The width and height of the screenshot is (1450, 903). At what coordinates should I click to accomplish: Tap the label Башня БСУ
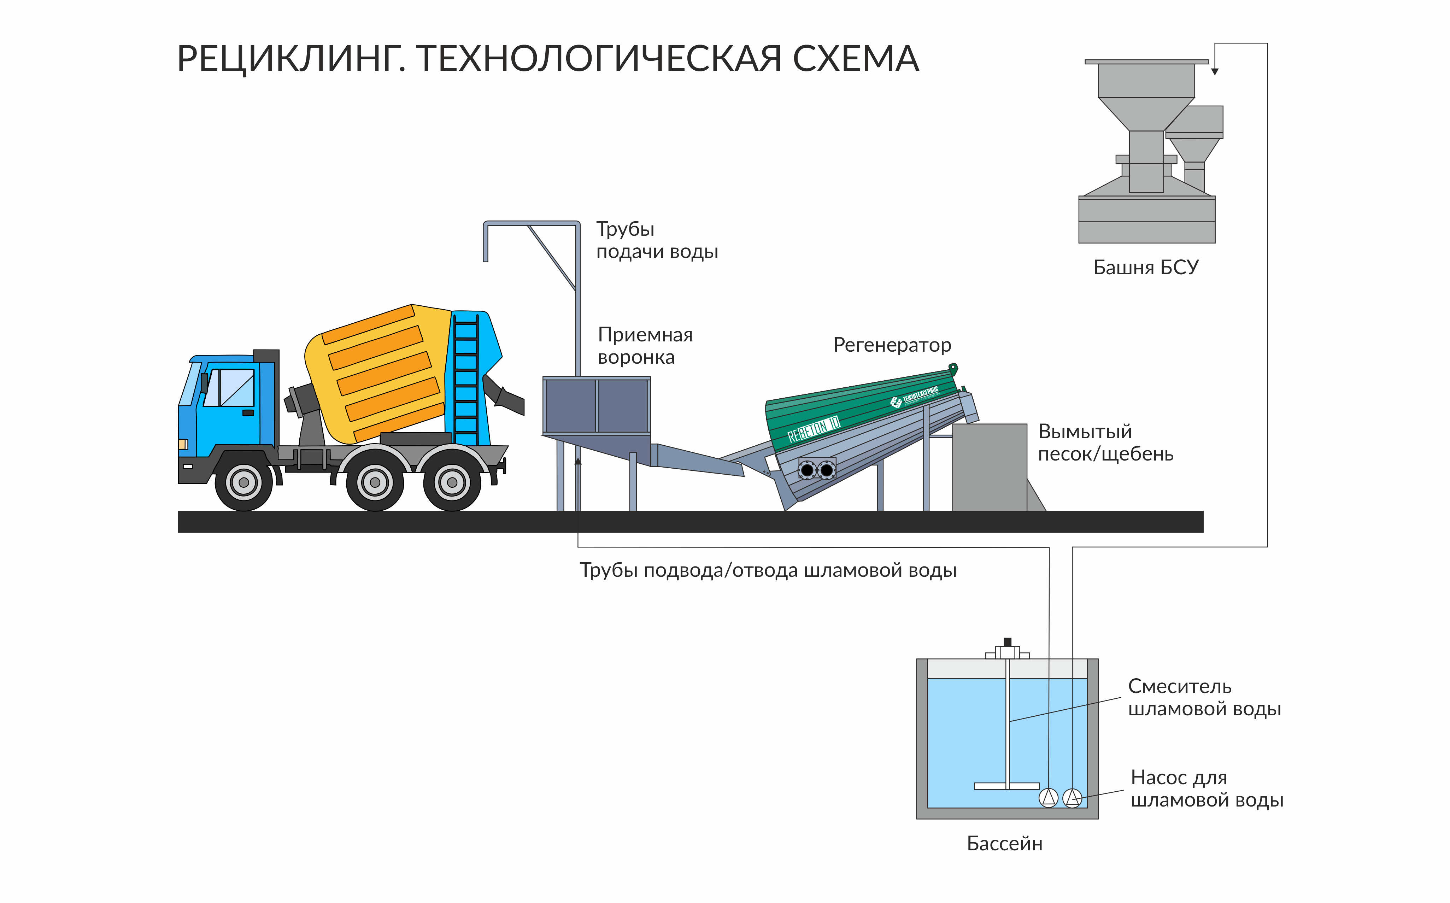pos(1145,268)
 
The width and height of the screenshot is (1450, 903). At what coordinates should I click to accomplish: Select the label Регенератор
pos(892,346)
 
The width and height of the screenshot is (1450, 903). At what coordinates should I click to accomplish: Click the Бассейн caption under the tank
pos(1004,844)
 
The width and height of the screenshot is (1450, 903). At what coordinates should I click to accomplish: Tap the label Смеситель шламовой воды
pos(1204,698)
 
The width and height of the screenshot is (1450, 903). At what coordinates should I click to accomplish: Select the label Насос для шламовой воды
pos(1207,789)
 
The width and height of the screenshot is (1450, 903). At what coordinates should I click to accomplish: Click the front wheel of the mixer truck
pos(243,482)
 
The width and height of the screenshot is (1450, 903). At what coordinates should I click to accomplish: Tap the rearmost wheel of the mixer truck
pos(452,482)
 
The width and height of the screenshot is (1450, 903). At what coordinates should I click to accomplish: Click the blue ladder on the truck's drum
pos(466,380)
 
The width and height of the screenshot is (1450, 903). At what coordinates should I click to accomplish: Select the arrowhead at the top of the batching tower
pos(1215,72)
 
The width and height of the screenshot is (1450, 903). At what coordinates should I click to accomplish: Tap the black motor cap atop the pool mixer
pos(1008,642)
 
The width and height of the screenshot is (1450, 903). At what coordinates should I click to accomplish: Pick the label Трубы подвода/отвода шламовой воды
pos(768,571)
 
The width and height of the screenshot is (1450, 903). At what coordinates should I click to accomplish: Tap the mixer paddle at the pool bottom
pos(1007,786)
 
